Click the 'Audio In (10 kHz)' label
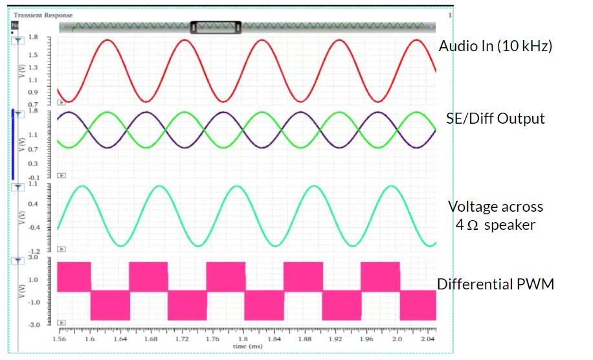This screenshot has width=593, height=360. click(x=495, y=47)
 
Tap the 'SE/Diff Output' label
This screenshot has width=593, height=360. click(x=495, y=118)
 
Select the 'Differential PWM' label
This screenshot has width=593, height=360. click(x=495, y=284)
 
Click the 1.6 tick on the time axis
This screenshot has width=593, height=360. click(x=89, y=339)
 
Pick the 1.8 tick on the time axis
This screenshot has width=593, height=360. click(x=243, y=339)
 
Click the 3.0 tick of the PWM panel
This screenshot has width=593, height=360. click(x=34, y=258)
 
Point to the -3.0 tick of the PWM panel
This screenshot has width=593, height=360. click(x=33, y=325)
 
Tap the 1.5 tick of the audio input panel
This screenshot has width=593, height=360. click(x=34, y=56)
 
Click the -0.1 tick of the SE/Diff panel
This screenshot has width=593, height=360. click(x=33, y=177)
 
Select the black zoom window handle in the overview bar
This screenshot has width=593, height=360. click(x=216, y=27)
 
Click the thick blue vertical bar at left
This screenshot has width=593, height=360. click(x=13, y=144)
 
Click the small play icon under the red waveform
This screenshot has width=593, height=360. click(x=62, y=102)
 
